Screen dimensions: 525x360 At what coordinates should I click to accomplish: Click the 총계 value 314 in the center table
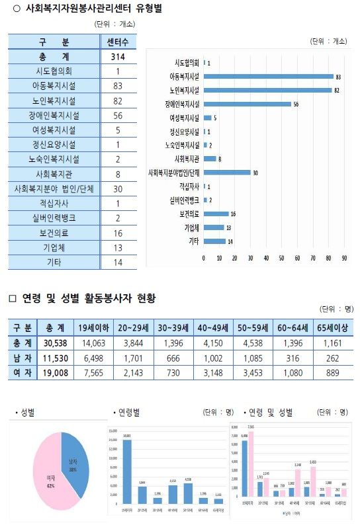coord(117,57)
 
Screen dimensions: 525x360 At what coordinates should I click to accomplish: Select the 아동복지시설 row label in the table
coord(54,86)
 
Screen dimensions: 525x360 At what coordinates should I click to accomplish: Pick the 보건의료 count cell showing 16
coord(117,233)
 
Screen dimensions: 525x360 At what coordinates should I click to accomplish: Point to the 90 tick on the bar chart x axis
coord(344,258)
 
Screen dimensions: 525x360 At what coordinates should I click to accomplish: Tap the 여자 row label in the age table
coord(21,372)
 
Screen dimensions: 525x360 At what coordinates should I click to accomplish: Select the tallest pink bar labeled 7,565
coord(251,472)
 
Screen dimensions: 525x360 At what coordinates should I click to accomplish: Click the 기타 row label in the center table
coord(54,262)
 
